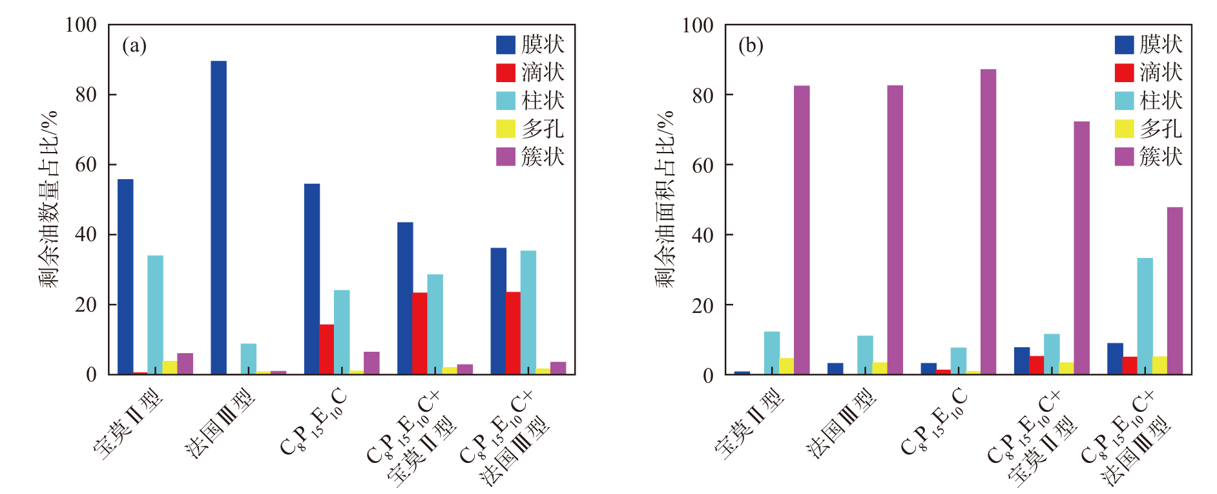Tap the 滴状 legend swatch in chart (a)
tap(505, 72)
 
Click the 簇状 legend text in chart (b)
tap(1161, 156)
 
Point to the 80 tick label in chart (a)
tap(86, 94)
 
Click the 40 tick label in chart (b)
tap(703, 235)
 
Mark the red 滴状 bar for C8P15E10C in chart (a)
tap(326, 349)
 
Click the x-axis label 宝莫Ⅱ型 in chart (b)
tap(750, 424)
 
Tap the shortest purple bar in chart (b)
tap(1174, 290)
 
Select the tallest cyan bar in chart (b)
tap(1145, 316)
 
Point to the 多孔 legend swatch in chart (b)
tap(1124, 129)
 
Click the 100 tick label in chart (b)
tap(698, 25)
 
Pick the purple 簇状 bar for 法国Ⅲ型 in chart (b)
tap(895, 230)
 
